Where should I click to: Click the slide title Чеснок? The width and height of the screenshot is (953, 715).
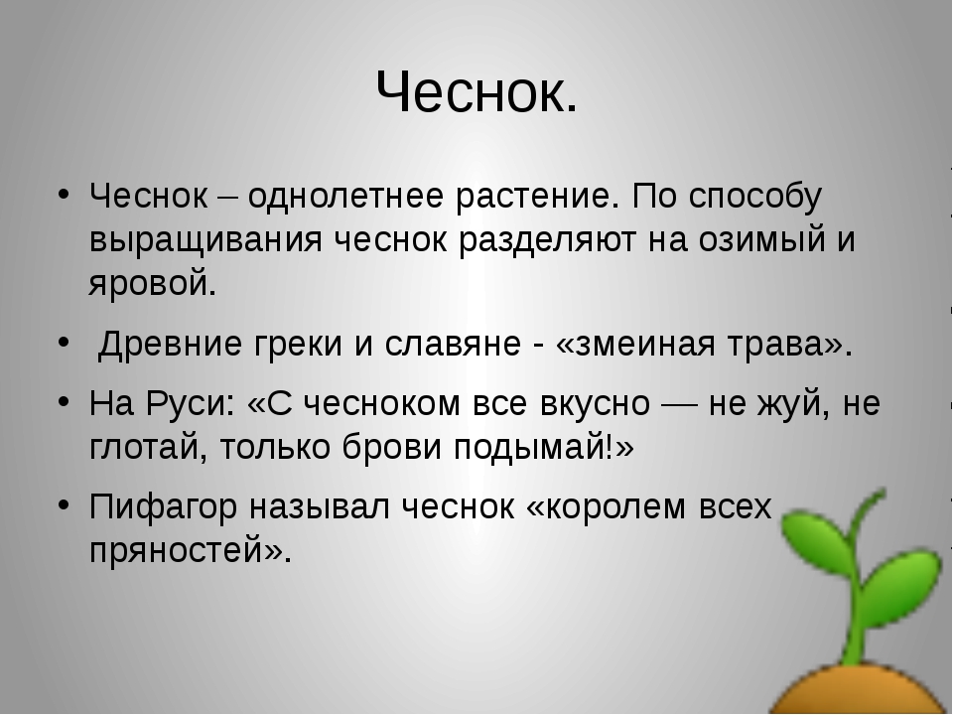pyautogui.click(x=476, y=91)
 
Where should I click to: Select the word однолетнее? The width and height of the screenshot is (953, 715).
pyautogui.click(x=344, y=196)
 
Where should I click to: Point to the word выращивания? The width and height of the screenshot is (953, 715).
pyautogui.click(x=205, y=240)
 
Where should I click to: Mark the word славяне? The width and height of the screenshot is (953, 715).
pyautogui.click(x=453, y=344)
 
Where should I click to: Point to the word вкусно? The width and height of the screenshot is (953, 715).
pyautogui.click(x=595, y=404)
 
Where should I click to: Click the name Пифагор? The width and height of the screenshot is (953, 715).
pyautogui.click(x=163, y=507)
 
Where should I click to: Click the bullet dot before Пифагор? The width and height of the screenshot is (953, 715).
pyautogui.click(x=64, y=504)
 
